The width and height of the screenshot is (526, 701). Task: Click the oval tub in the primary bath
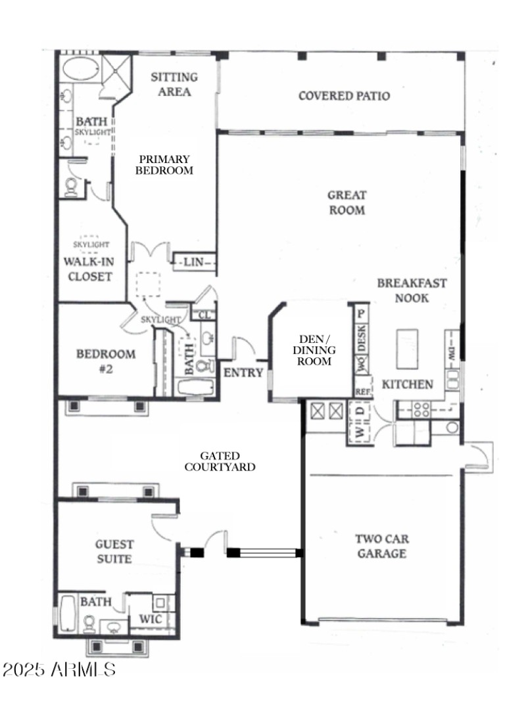[x=80, y=69]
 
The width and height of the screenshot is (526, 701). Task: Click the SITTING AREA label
[x=174, y=84]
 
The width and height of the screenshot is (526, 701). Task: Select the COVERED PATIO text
[x=344, y=96]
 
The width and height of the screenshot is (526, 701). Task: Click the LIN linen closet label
[x=195, y=262]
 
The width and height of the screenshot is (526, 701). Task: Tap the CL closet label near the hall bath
[x=204, y=314]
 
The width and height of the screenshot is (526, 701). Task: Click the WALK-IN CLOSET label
[x=87, y=268]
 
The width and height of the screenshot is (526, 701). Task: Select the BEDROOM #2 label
[x=106, y=361]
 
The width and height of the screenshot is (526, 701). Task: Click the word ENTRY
[x=243, y=373]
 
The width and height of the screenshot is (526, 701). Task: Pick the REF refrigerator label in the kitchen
[x=362, y=391]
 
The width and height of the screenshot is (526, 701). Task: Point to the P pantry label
[x=361, y=313]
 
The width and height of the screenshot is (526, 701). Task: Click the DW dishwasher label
[x=452, y=346]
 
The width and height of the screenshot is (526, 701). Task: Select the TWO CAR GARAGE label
[x=381, y=546]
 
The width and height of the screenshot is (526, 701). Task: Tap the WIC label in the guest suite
[x=147, y=619]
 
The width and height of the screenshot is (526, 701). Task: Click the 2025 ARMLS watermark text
[x=59, y=669]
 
